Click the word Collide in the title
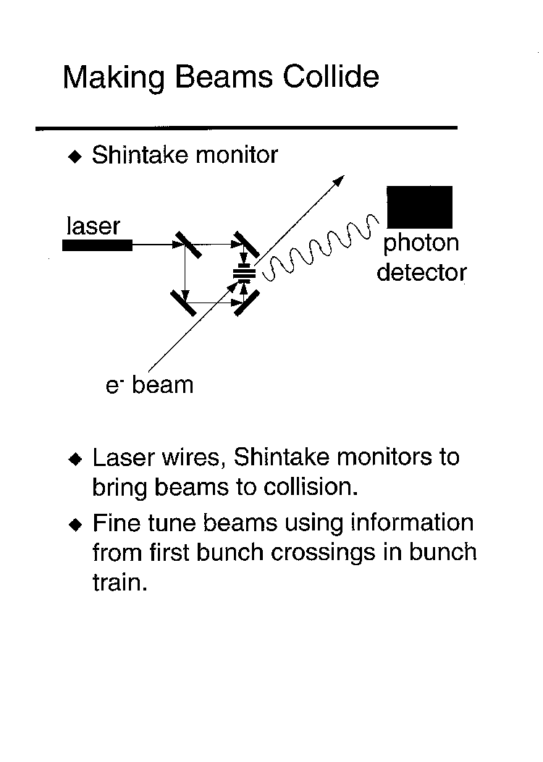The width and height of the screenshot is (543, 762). tap(331, 77)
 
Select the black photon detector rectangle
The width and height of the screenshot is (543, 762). tap(419, 207)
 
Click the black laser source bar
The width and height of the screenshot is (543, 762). tap(97, 245)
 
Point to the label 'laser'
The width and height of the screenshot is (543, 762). tap(93, 226)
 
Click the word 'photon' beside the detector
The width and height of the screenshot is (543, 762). tap(421, 244)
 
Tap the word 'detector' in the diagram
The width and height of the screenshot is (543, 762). tap(421, 272)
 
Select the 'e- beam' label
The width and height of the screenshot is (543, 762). tap(149, 385)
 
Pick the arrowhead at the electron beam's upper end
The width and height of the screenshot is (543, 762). tap(340, 179)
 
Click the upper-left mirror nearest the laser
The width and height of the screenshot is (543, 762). tap(188, 245)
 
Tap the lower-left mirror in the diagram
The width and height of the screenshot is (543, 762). tap(183, 302)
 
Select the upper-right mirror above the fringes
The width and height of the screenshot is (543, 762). tap(246, 245)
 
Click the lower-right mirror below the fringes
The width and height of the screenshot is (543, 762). tap(247, 303)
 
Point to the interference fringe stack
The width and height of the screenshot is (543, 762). tap(244, 274)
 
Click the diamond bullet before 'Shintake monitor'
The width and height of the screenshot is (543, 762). tap(75, 156)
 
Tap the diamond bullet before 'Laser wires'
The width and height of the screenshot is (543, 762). tap(75, 459)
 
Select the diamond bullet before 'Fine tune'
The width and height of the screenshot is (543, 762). tap(75, 525)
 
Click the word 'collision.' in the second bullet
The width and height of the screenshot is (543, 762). tap(311, 486)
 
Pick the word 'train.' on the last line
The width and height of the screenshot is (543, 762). tap(119, 583)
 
